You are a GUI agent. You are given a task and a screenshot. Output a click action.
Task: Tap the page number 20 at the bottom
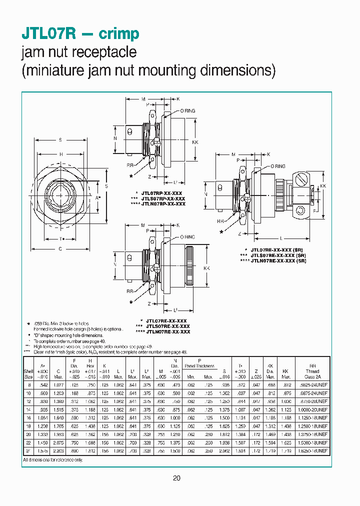(176, 478)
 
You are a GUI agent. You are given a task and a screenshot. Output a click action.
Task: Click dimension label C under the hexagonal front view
(60, 248)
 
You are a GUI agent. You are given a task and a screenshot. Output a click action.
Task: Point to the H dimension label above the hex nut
(60, 155)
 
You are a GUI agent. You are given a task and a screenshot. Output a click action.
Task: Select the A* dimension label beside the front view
(98, 197)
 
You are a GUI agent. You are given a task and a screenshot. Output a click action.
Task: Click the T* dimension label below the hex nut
(60, 238)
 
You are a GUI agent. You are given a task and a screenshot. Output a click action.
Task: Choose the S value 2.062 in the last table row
(226, 451)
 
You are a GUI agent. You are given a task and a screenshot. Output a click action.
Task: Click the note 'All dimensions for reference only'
(52, 459)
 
